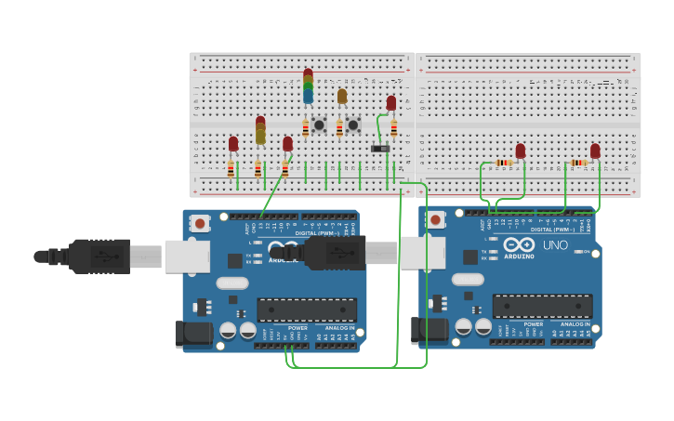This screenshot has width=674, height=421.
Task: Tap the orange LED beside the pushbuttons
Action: point(342,96)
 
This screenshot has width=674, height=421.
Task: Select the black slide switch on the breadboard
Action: point(379,148)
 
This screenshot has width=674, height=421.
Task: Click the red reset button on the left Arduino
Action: point(200,222)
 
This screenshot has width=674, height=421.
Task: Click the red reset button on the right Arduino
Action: point(435,220)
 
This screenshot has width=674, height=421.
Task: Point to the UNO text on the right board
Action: point(555,245)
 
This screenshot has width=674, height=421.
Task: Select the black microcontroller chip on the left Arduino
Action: point(307,309)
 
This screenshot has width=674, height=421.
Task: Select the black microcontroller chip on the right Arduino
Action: point(542,306)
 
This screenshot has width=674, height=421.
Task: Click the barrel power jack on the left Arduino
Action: point(190,335)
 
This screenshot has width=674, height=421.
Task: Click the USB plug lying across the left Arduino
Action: point(330,253)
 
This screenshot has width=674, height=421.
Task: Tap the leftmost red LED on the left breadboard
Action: point(233,144)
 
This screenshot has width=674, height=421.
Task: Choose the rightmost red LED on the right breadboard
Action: point(595,151)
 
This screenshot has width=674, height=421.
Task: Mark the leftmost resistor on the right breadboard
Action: point(503,163)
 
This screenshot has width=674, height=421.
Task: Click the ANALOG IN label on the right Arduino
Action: point(575,324)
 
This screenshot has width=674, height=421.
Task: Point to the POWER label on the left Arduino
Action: point(297,328)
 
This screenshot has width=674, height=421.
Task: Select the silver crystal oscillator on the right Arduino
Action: point(469,279)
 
